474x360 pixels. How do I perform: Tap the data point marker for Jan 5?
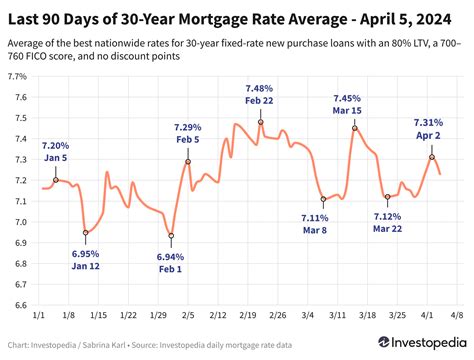point(56,180)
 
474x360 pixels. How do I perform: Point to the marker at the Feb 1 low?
point(171,236)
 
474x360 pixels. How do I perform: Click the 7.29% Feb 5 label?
point(187,134)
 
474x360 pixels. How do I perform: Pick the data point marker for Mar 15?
point(354,128)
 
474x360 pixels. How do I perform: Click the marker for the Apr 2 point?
point(432,157)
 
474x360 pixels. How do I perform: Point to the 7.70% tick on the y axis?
point(17,76)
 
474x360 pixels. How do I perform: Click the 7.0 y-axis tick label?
point(21,221)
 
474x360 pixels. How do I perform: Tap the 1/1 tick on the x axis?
point(38,315)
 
